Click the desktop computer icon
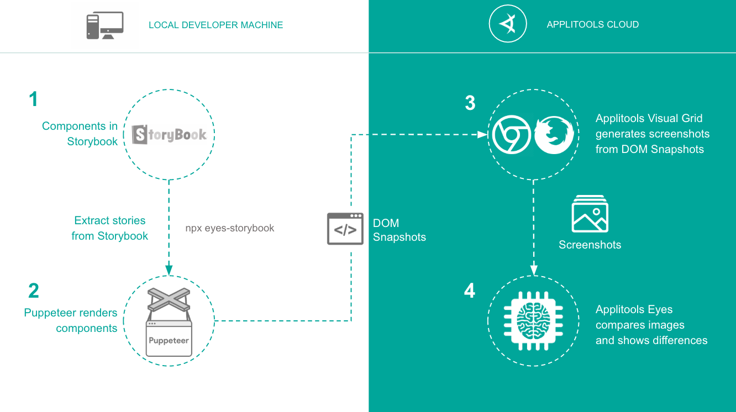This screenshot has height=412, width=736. [104, 25]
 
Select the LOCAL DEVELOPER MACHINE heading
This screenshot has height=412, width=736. [215, 25]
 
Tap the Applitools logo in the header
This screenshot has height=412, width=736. [508, 24]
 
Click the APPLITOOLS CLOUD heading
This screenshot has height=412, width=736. [592, 24]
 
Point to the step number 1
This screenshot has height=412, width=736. [34, 99]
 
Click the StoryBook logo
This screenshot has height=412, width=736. [169, 134]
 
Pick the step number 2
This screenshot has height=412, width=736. [34, 290]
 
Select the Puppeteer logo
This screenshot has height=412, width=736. [169, 323]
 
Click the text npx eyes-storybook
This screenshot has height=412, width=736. [230, 228]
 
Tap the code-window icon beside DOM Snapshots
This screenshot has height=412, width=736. [345, 229]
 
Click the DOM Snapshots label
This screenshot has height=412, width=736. [399, 230]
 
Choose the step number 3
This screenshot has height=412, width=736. [470, 103]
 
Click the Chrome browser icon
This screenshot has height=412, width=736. [512, 135]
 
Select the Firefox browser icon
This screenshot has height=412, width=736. [554, 135]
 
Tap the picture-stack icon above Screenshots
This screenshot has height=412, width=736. [590, 214]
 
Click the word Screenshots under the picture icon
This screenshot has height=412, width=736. [590, 245]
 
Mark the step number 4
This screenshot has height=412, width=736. [470, 291]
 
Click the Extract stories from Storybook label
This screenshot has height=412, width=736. [110, 228]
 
